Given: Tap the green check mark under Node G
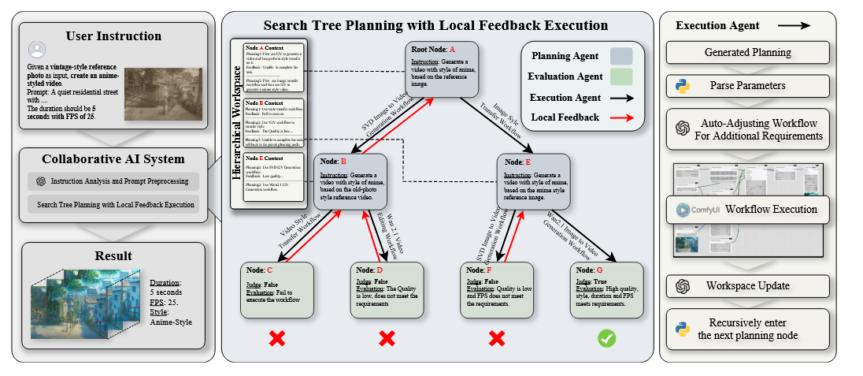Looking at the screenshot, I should [x=606, y=338].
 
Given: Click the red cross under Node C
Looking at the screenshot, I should [x=277, y=338].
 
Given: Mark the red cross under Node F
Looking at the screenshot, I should [x=496, y=338].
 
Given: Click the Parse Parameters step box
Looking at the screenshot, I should [x=748, y=85].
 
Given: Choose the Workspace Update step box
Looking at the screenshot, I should [x=748, y=285].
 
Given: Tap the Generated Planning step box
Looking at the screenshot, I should [x=748, y=53].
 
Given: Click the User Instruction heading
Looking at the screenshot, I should [x=113, y=36].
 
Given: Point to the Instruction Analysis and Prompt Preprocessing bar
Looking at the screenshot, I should [x=113, y=181].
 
